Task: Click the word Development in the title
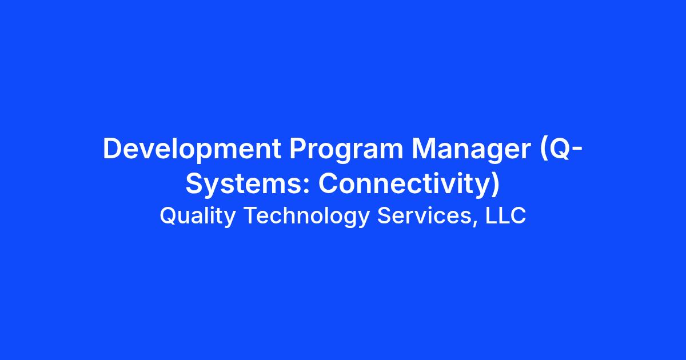tap(192, 149)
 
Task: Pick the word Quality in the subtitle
tap(198, 216)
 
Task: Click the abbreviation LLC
tap(505, 215)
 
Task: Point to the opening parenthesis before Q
tap(544, 149)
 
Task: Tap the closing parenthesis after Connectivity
tap(495, 184)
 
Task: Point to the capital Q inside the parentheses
tap(559, 149)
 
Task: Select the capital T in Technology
tap(252, 215)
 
